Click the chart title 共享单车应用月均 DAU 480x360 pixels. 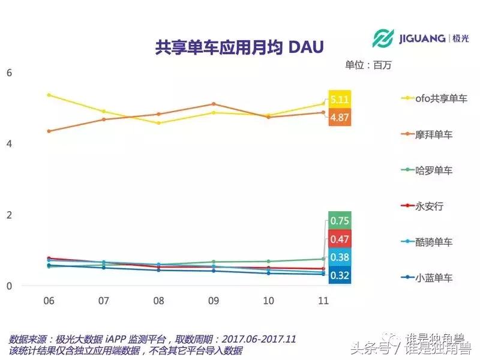pos(238,47)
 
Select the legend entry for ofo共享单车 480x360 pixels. pos(434,98)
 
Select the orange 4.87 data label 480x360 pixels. pos(340,117)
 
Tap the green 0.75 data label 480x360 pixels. pos(340,221)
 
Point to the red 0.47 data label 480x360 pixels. pos(340,239)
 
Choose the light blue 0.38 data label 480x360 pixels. pos(340,258)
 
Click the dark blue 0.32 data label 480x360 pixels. pos(340,276)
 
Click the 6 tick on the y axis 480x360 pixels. pos(9,73)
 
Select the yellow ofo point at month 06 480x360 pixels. pos(49,95)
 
